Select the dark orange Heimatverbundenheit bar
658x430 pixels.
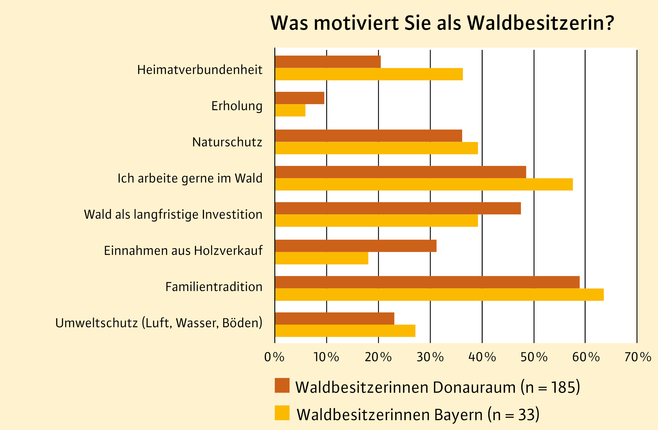pyautogui.click(x=328, y=62)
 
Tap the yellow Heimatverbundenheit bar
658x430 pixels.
pyautogui.click(x=368, y=74)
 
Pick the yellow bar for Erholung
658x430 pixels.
pyautogui.click(x=290, y=110)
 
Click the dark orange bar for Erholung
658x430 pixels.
pyautogui.click(x=299, y=98)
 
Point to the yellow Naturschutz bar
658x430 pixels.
pyautogui.click(x=376, y=148)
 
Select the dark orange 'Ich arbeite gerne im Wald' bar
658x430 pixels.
pyautogui.click(x=400, y=172)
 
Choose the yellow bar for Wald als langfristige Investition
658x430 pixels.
pyautogui.click(x=376, y=221)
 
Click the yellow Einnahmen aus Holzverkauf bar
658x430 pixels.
pyautogui.click(x=322, y=258)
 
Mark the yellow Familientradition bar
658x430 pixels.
pyautogui.click(x=439, y=295)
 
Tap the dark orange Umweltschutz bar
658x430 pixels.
pyautogui.click(x=334, y=318)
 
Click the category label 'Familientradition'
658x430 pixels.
pyautogui.click(x=214, y=287)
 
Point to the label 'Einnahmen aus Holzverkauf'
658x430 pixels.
pyautogui.click(x=183, y=251)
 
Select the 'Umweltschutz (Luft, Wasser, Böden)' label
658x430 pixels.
pyautogui.click(x=159, y=323)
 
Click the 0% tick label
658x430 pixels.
pyautogui.click(x=274, y=357)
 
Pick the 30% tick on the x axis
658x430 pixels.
pyautogui.click(x=430, y=357)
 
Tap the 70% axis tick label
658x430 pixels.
pyautogui.click(x=638, y=357)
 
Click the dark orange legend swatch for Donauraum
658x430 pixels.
pyautogui.click(x=282, y=386)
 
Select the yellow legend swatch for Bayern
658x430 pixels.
pyautogui.click(x=282, y=412)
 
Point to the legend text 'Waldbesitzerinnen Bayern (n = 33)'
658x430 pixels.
pyautogui.click(x=418, y=415)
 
